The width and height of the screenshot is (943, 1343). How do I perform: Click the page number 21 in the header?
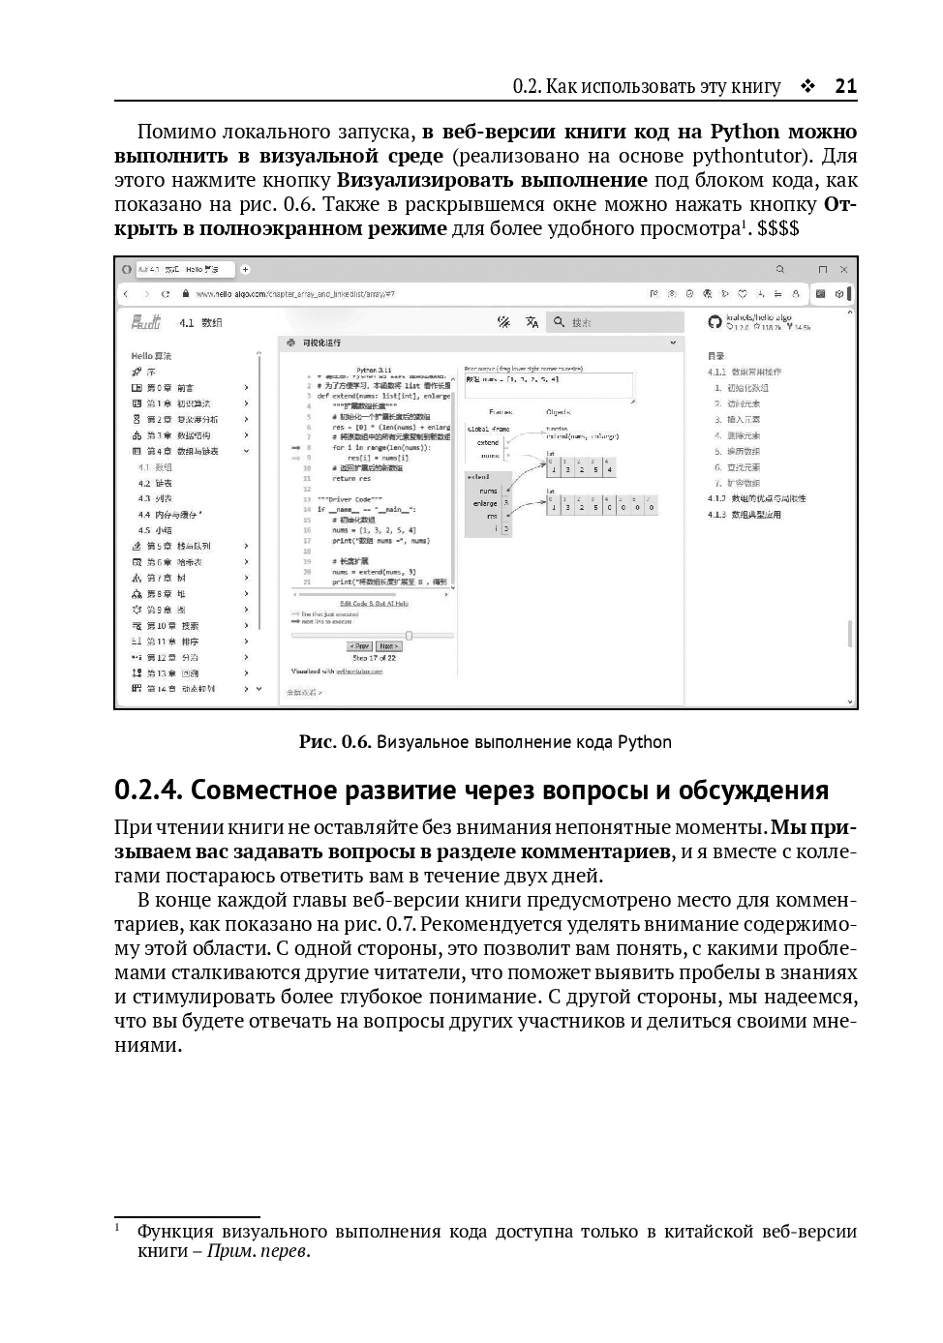coord(845,86)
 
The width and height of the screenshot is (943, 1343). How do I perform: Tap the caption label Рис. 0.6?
coord(335,742)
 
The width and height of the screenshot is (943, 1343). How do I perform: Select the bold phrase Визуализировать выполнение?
coord(492,180)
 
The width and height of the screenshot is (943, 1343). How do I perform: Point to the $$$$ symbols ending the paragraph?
coord(778,228)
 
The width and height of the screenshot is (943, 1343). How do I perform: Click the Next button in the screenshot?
coord(388,646)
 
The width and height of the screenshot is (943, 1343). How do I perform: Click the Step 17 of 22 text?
coord(373,658)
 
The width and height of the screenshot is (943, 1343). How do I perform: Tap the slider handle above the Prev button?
coord(409,636)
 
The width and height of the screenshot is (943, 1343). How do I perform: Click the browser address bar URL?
coord(294,293)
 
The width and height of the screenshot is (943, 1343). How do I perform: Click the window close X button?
coord(843,269)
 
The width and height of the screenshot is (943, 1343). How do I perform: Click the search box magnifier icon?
coord(559,322)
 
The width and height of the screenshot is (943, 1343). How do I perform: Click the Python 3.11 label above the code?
coord(372,370)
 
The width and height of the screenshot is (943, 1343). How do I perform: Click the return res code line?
coord(351,478)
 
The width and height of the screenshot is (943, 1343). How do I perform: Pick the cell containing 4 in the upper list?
coord(609,470)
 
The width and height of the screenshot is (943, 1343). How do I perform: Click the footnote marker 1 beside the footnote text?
coord(117,1228)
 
